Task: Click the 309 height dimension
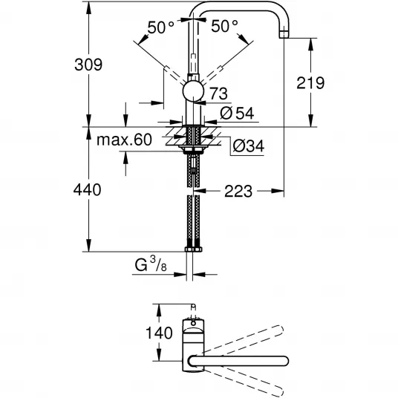tap(88, 65)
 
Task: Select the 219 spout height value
tap(310, 82)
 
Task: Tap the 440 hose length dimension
tap(87, 189)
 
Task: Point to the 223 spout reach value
tap(238, 191)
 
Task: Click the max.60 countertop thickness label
tap(125, 140)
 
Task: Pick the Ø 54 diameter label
tap(237, 113)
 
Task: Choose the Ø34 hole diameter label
tap(249, 146)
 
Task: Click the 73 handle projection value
tap(219, 94)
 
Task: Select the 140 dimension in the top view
tap(159, 333)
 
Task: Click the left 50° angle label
tap(161, 27)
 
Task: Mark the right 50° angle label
tap(225, 26)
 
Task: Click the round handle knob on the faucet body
tap(193, 91)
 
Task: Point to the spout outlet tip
tap(284, 34)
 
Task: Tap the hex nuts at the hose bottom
tap(193, 249)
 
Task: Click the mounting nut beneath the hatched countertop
tap(193, 149)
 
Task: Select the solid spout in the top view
tap(238, 361)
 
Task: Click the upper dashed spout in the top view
tap(243, 339)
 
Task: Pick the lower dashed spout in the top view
tap(243, 382)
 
